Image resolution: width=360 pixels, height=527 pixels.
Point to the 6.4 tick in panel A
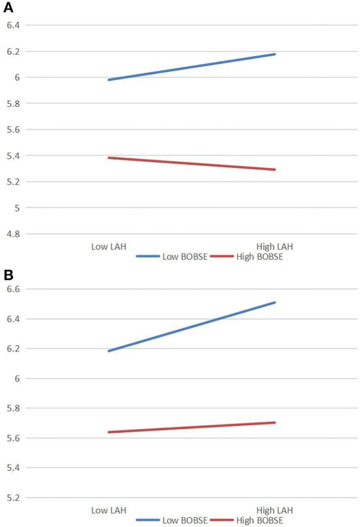(13, 25)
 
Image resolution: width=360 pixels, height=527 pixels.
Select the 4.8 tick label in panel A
(13, 234)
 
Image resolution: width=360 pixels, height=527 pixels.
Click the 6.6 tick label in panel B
(13, 289)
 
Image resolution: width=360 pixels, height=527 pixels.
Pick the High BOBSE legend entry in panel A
(258, 257)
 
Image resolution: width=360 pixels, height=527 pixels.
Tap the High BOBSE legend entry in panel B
(258, 520)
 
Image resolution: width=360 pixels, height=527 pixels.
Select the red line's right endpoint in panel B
(275, 423)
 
